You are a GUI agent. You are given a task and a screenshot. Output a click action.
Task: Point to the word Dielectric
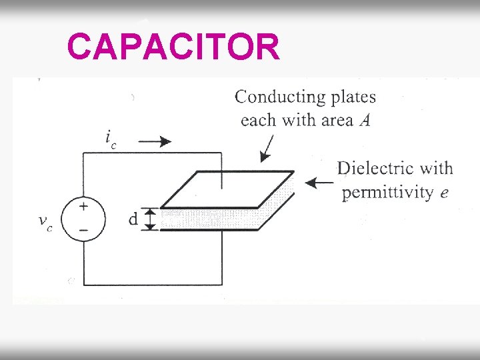[377, 168]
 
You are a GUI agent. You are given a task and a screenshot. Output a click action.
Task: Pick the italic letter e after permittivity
[445, 193]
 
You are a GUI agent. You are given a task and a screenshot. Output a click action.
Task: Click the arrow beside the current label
[156, 141]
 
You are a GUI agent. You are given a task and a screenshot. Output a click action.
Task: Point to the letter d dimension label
[133, 219]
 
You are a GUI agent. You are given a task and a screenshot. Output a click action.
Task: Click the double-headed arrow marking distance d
[151, 219]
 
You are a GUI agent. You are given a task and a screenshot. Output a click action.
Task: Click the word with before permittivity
[437, 168]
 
